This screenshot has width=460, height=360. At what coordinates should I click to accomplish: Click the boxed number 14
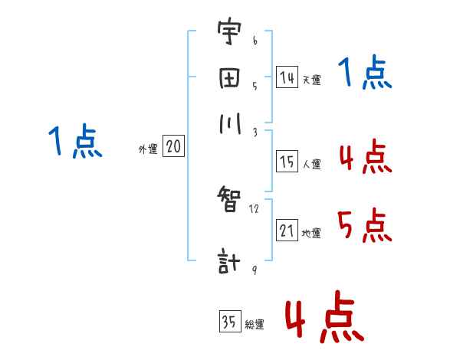click(287, 77)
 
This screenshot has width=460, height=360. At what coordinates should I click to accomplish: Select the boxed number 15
click(287, 162)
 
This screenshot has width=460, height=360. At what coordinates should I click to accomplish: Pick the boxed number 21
click(287, 231)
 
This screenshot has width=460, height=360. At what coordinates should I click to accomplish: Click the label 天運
click(310, 79)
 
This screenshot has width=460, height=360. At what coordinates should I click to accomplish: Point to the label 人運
click(311, 164)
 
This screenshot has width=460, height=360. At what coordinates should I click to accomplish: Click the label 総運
click(255, 324)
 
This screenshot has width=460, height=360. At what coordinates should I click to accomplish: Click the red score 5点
click(364, 226)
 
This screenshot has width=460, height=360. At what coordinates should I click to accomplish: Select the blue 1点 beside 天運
click(364, 74)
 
